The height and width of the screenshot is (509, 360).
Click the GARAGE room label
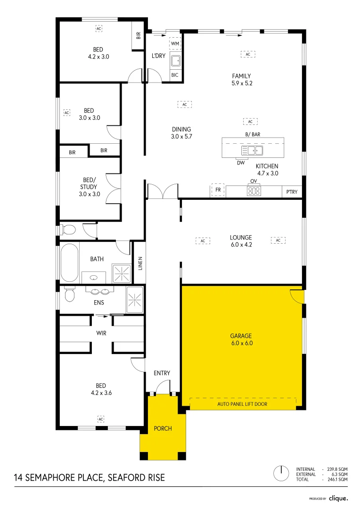tap(241, 336)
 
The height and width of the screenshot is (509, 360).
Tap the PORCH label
tap(163, 428)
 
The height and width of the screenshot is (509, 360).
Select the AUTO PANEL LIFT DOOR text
tap(242, 404)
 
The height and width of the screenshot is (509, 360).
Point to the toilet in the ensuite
tap(69, 295)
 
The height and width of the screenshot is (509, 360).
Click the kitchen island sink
tap(252, 151)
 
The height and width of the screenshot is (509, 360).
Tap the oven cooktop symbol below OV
tap(254, 191)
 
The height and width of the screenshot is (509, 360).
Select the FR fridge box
tap(218, 190)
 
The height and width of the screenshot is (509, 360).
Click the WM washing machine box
tap(175, 44)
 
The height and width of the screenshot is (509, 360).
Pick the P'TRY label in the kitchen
tap(291, 192)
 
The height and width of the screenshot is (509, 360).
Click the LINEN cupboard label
tap(140, 263)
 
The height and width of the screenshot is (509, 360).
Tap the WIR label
tap(101, 333)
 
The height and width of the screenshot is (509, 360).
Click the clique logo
tap(338, 498)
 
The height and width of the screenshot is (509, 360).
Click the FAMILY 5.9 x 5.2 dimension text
tap(241, 83)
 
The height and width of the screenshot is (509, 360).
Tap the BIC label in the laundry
tap(175, 75)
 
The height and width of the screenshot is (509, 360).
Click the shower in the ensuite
tap(135, 298)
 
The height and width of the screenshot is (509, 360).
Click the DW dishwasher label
tap(241, 163)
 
